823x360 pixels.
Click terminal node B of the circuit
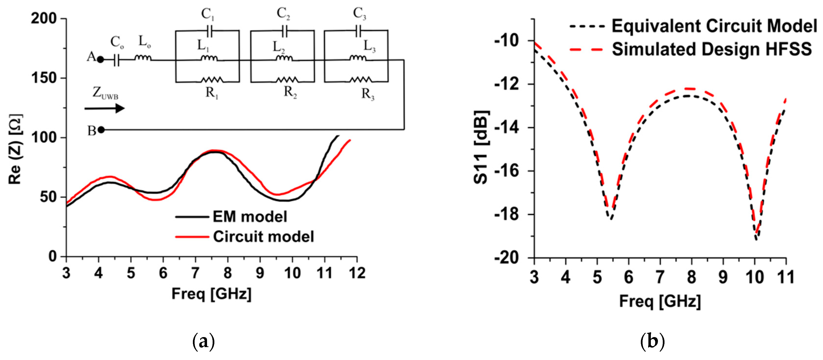[101, 130]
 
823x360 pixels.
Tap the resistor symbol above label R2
[287, 79]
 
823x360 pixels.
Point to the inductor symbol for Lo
[143, 58]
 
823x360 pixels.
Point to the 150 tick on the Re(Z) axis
[48, 78]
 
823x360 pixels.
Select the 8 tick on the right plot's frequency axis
[691, 277]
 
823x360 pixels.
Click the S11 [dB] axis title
[481, 147]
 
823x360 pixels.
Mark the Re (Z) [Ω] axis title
[15, 149]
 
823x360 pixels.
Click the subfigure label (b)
[652, 342]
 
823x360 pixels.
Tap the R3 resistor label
[368, 94]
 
